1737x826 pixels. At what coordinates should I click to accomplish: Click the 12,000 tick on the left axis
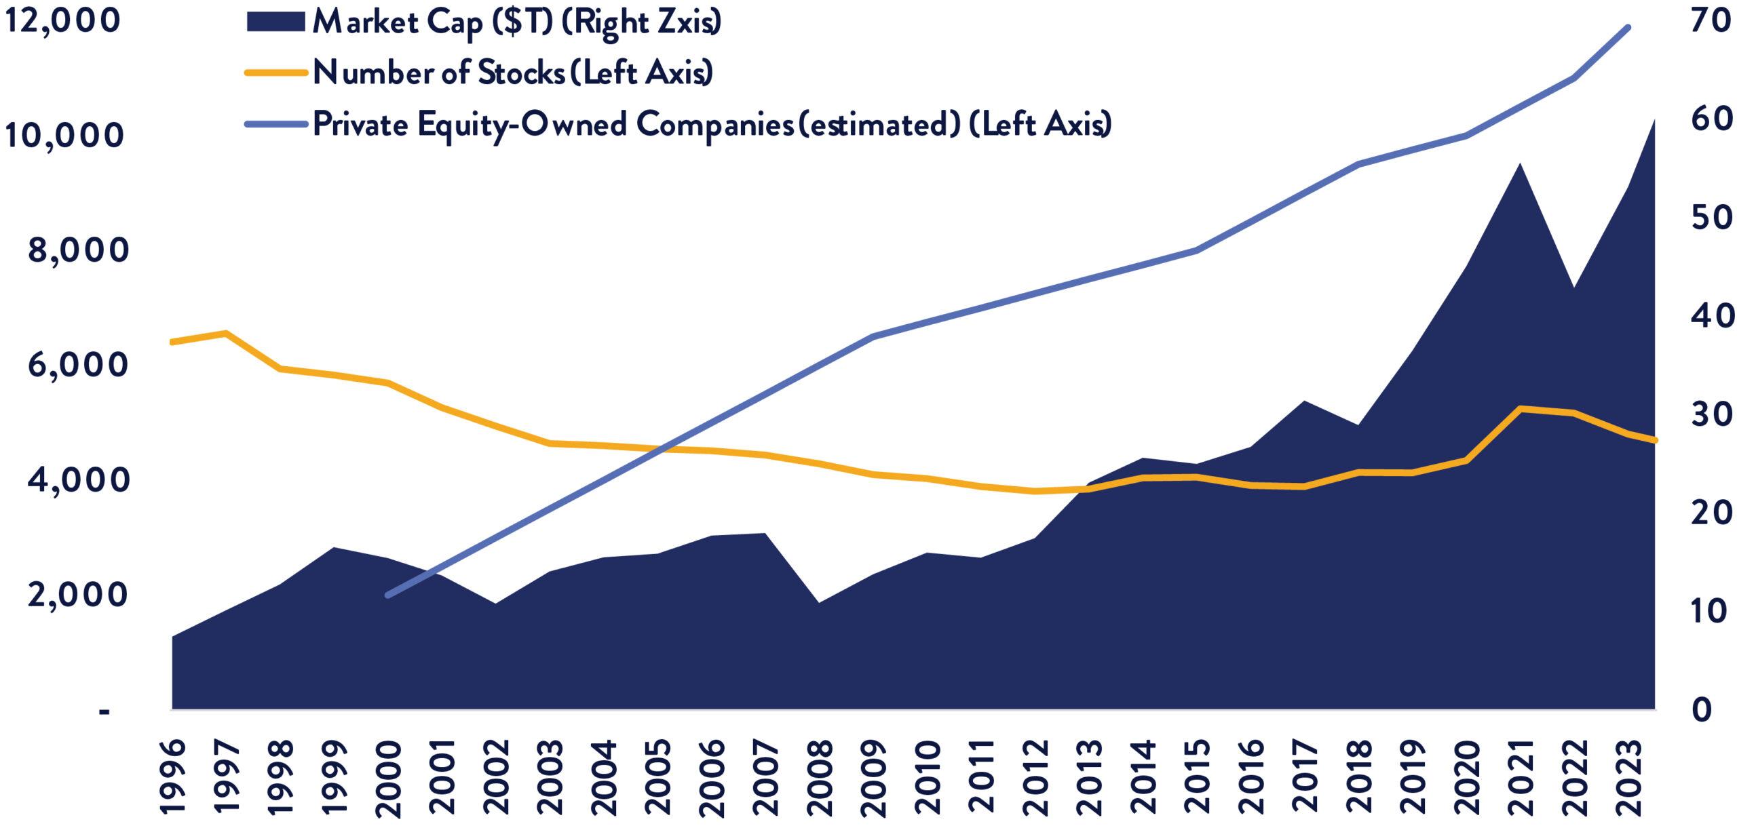[x=62, y=20]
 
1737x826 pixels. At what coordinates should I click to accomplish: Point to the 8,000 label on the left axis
[x=77, y=250]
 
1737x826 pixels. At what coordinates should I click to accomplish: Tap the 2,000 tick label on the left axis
[x=77, y=595]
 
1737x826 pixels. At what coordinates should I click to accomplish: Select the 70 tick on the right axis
[x=1711, y=20]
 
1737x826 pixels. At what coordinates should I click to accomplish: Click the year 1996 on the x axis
[x=172, y=776]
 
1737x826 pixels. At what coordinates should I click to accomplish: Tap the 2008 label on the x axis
[x=820, y=776]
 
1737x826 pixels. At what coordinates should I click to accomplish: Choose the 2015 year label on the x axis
[x=1198, y=776]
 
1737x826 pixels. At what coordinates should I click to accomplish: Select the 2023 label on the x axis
[x=1629, y=776]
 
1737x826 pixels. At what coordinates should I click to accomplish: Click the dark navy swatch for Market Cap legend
[x=275, y=21]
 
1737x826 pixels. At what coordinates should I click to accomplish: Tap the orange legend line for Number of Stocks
[x=275, y=73]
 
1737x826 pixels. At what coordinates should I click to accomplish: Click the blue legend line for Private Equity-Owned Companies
[x=275, y=124]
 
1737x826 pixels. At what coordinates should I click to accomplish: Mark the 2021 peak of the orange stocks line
[x=1521, y=408]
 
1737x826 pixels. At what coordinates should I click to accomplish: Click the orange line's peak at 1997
[x=225, y=333]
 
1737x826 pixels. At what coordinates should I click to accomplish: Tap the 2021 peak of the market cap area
[x=1521, y=165]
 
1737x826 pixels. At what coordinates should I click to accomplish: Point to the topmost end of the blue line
[x=1628, y=28]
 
